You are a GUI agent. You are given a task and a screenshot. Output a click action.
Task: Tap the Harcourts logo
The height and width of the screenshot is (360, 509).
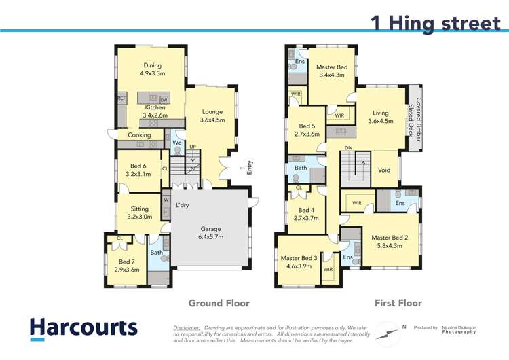point(83,327)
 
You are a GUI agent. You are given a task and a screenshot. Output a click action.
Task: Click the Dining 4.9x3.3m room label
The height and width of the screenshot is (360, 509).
point(152,69)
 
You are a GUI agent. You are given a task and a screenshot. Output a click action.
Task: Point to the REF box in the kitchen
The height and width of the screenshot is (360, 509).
point(121,98)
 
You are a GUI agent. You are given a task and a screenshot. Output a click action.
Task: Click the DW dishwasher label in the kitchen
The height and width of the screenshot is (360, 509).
point(164,100)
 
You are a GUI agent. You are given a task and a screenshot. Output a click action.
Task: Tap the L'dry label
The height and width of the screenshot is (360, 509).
point(182,205)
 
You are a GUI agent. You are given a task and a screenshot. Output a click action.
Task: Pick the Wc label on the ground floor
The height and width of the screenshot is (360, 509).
point(176,143)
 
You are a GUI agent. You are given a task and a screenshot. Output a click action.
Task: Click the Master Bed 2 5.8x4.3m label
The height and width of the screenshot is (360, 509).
point(390,242)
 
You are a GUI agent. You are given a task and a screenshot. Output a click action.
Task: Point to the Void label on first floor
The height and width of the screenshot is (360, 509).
point(384,170)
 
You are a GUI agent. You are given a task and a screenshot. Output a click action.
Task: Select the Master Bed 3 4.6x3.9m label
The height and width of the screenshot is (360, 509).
point(299,262)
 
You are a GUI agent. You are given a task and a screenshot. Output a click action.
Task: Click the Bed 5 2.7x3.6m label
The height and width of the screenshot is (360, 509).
point(307,130)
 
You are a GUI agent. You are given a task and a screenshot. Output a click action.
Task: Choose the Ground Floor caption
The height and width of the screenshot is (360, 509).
point(218,303)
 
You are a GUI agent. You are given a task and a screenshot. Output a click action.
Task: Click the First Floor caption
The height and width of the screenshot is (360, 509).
point(398,303)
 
